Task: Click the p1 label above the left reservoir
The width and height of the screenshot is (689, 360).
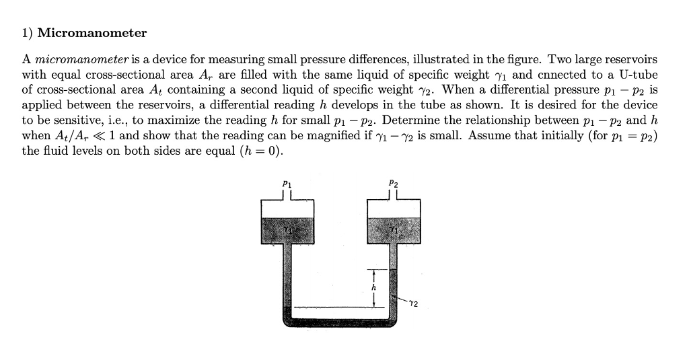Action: coord(287,183)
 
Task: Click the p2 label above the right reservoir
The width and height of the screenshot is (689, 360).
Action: coord(394,183)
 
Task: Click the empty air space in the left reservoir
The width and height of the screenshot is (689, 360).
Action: coord(288,210)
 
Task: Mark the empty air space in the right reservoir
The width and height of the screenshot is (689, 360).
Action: coord(394,210)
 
